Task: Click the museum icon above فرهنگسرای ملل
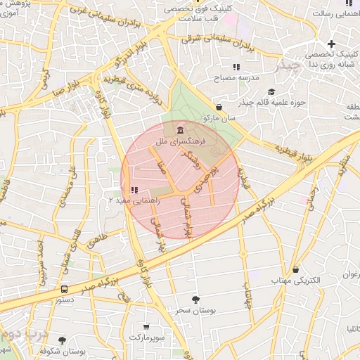[x=181, y=129]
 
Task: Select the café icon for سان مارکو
[x=219, y=108]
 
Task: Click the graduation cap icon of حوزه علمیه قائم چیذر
[x=271, y=91]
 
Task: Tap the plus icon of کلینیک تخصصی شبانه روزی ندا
[x=330, y=44]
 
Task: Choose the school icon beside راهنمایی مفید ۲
[x=134, y=190]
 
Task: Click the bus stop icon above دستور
[x=65, y=289]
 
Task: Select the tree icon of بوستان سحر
[x=195, y=300]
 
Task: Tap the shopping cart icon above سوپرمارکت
[x=146, y=326]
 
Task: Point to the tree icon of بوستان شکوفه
[x=62, y=340]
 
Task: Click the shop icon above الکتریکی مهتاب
[x=295, y=270]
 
